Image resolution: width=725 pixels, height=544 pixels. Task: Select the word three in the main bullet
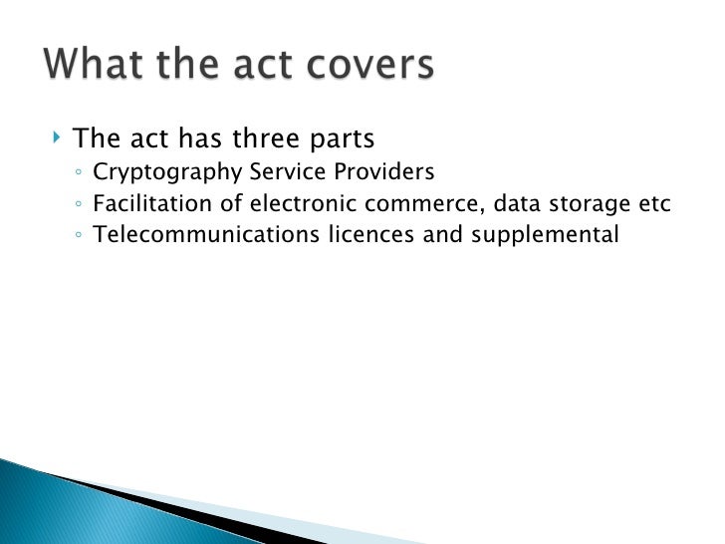pos(261,136)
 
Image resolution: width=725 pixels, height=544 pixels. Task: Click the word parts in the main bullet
pos(338,136)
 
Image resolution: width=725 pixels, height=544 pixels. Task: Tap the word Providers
pos(386,171)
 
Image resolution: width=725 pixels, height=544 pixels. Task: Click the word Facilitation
pos(141,204)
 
